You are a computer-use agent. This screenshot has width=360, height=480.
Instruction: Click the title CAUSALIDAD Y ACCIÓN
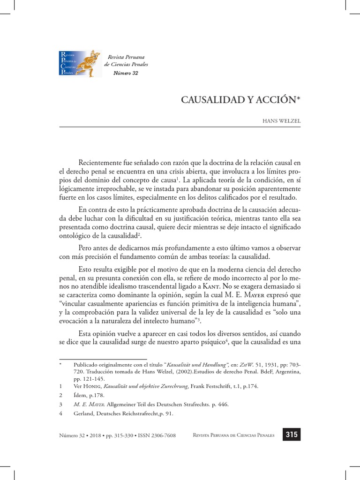(x=241, y=100)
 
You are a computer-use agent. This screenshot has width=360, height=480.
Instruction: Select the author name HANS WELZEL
(x=281, y=120)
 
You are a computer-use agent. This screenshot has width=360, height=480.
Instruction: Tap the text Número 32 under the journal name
(x=126, y=73)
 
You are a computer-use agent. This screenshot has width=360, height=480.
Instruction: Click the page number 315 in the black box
(x=291, y=435)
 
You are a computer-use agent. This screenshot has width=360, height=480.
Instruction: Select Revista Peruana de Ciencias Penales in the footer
(x=236, y=435)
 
